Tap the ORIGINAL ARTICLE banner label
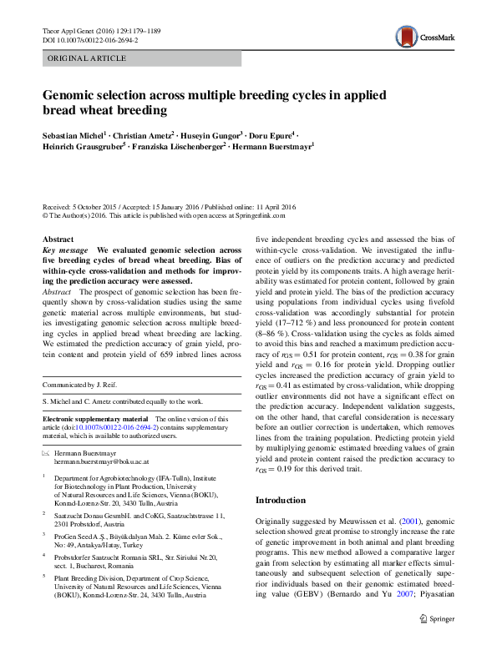[87, 58]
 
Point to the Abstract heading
[58, 239]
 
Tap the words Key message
[64, 249]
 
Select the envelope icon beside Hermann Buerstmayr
[47, 451]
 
